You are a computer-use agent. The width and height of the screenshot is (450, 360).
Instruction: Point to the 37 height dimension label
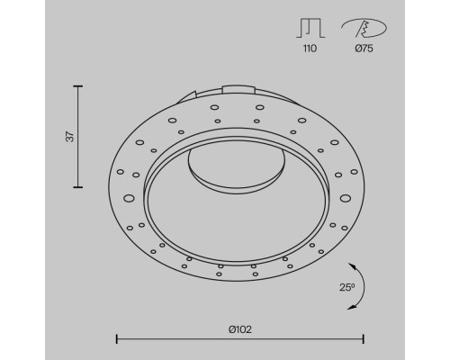[69, 137]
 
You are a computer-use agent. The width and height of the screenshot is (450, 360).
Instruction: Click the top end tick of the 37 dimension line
[79, 86]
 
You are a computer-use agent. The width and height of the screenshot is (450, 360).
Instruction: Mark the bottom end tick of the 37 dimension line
[79, 186]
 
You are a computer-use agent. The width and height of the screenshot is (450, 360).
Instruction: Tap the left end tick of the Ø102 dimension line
[118, 338]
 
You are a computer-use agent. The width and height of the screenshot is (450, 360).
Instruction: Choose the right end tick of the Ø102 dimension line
[364, 338]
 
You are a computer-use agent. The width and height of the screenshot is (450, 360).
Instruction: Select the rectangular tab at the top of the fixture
[237, 88]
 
